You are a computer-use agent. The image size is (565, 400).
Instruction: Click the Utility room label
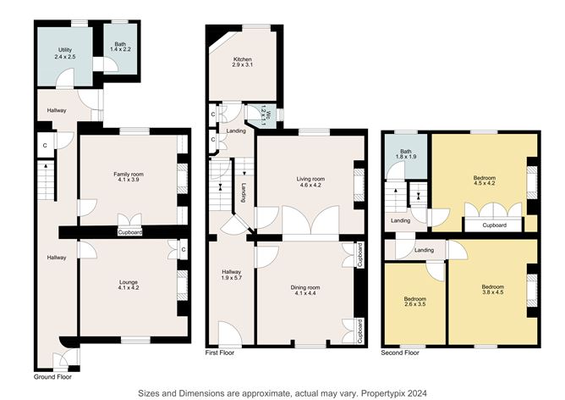65,53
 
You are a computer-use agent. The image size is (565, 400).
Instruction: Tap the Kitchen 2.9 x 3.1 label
243,62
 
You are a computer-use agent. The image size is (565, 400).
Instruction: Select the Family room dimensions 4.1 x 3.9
129,180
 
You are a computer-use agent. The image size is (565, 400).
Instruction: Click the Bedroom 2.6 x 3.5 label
415,302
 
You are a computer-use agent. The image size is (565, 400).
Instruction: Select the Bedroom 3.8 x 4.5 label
493,290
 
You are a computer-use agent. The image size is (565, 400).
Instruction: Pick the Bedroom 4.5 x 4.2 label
485,181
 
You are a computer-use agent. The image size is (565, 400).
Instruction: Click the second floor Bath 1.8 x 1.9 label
406,154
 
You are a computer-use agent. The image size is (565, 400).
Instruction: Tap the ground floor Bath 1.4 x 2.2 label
120,47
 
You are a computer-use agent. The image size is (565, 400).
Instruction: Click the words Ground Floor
52,377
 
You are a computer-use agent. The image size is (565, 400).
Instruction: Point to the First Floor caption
220,353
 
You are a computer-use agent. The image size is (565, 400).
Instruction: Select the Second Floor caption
400,353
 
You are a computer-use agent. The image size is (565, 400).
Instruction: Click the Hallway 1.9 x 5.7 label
232,275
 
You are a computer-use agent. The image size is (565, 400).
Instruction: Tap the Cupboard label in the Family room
130,232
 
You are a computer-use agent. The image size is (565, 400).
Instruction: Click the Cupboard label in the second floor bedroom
494,225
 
